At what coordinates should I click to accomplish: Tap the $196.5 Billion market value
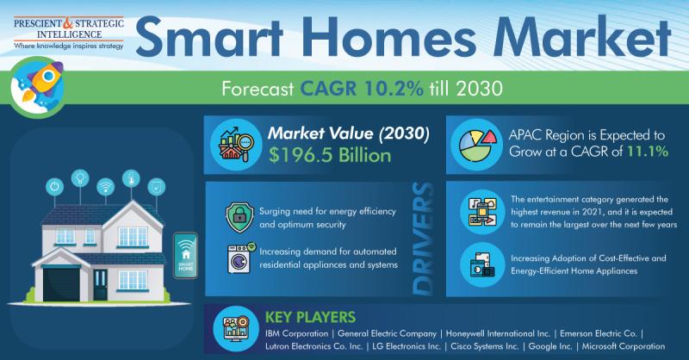click(330, 155)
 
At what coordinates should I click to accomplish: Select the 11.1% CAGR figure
click(648, 152)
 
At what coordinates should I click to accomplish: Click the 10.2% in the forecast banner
click(394, 89)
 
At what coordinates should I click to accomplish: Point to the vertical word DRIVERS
click(423, 239)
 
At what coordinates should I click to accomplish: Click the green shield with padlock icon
click(239, 217)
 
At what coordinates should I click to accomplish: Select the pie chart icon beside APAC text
click(477, 146)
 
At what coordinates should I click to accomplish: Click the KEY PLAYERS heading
click(310, 317)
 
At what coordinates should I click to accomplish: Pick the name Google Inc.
click(550, 346)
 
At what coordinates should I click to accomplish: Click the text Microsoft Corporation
click(623, 346)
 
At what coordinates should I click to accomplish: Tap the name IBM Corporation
click(296, 333)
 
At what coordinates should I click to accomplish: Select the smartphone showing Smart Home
click(185, 256)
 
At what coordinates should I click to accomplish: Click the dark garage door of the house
click(61, 284)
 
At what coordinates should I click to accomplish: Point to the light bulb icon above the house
click(80, 178)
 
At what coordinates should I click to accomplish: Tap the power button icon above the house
click(54, 186)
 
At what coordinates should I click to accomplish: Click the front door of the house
click(100, 284)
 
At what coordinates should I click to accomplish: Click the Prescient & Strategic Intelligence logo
click(69, 33)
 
